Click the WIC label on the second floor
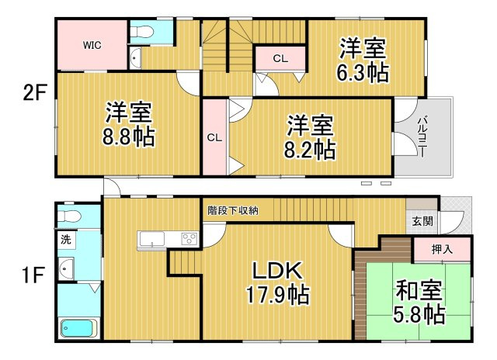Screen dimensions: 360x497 [92, 44]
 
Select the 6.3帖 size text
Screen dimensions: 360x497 [363, 73]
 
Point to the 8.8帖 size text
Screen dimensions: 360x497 [130, 137]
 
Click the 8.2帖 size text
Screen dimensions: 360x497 [311, 147]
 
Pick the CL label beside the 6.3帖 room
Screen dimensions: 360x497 [280, 57]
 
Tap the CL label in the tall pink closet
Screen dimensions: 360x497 [214, 137]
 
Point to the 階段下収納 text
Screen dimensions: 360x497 [233, 210]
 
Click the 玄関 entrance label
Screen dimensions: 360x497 [423, 220]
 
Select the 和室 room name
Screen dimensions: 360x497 [419, 292]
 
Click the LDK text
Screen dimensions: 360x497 [275, 272]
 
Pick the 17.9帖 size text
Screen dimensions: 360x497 [275, 295]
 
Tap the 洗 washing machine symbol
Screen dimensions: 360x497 [66, 240]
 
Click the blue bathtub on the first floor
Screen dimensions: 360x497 [78, 329]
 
